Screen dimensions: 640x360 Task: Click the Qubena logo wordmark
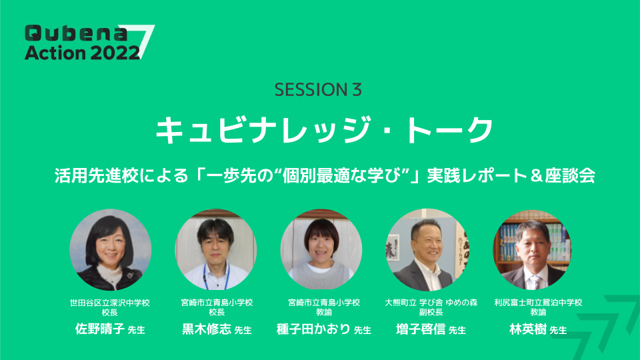tap(76, 33)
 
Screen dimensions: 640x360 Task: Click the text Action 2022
tap(82, 53)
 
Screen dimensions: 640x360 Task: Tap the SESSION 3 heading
tap(318, 90)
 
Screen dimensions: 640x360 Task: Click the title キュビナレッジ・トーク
tap(325, 130)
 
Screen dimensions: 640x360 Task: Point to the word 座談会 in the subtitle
tap(570, 175)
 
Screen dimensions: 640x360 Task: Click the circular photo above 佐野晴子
tap(110, 250)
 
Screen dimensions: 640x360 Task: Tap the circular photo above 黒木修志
tap(216, 250)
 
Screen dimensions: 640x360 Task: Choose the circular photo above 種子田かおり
tap(321, 250)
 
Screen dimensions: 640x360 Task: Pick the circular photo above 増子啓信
tap(427, 250)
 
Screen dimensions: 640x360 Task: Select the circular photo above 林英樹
tap(533, 250)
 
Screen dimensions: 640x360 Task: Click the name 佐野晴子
tap(99, 329)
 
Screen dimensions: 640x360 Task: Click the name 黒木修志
tap(207, 329)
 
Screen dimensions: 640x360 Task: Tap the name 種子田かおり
tap(313, 329)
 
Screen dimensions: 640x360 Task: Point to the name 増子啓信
tap(421, 329)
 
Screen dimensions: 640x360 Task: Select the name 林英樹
tap(528, 329)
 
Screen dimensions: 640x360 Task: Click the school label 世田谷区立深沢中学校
tap(110, 303)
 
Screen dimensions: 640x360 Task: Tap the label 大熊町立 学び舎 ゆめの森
tap(431, 303)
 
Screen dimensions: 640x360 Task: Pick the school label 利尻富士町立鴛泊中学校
tap(538, 303)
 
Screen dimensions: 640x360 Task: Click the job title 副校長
tap(431, 312)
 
